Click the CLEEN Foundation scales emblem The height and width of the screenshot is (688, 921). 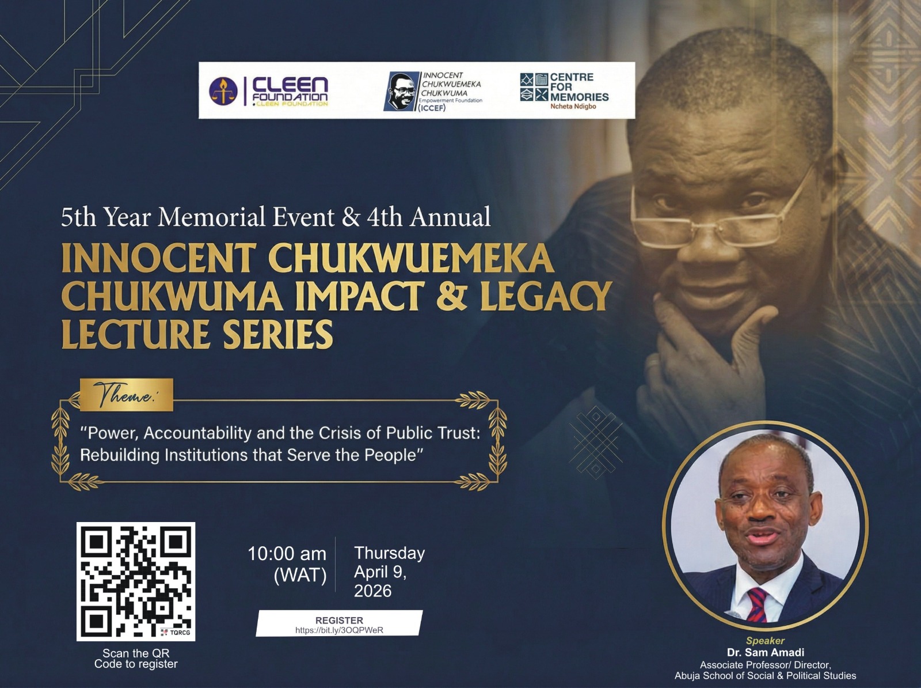(223, 91)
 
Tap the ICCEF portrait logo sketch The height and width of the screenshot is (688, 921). (401, 91)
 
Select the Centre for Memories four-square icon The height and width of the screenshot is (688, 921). (534, 87)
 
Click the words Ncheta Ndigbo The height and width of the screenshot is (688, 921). (573, 107)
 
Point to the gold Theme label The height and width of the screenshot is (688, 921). (126, 395)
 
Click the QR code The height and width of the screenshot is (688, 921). (135, 582)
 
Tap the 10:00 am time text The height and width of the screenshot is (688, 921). (287, 554)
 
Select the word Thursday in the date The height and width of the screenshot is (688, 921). (389, 553)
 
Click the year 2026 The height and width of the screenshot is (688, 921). (372, 591)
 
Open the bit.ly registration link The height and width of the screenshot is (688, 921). (339, 630)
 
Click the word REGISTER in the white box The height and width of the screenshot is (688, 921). (339, 620)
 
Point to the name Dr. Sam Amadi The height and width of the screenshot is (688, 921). (766, 652)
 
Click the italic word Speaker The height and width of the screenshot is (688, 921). (765, 641)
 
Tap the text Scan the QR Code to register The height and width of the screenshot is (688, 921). (136, 659)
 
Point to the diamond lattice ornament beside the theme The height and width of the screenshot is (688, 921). (596, 443)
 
